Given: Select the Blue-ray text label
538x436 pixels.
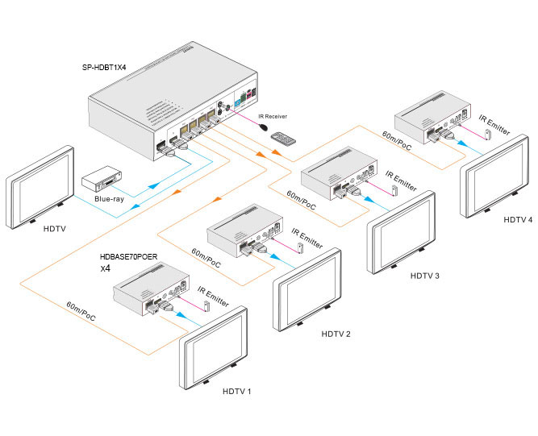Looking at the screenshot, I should tap(110, 199).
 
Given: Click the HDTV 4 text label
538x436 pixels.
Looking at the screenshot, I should tap(518, 218).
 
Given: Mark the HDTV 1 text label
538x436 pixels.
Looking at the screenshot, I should tap(237, 391).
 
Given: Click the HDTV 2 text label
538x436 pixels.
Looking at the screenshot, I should tap(336, 333).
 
